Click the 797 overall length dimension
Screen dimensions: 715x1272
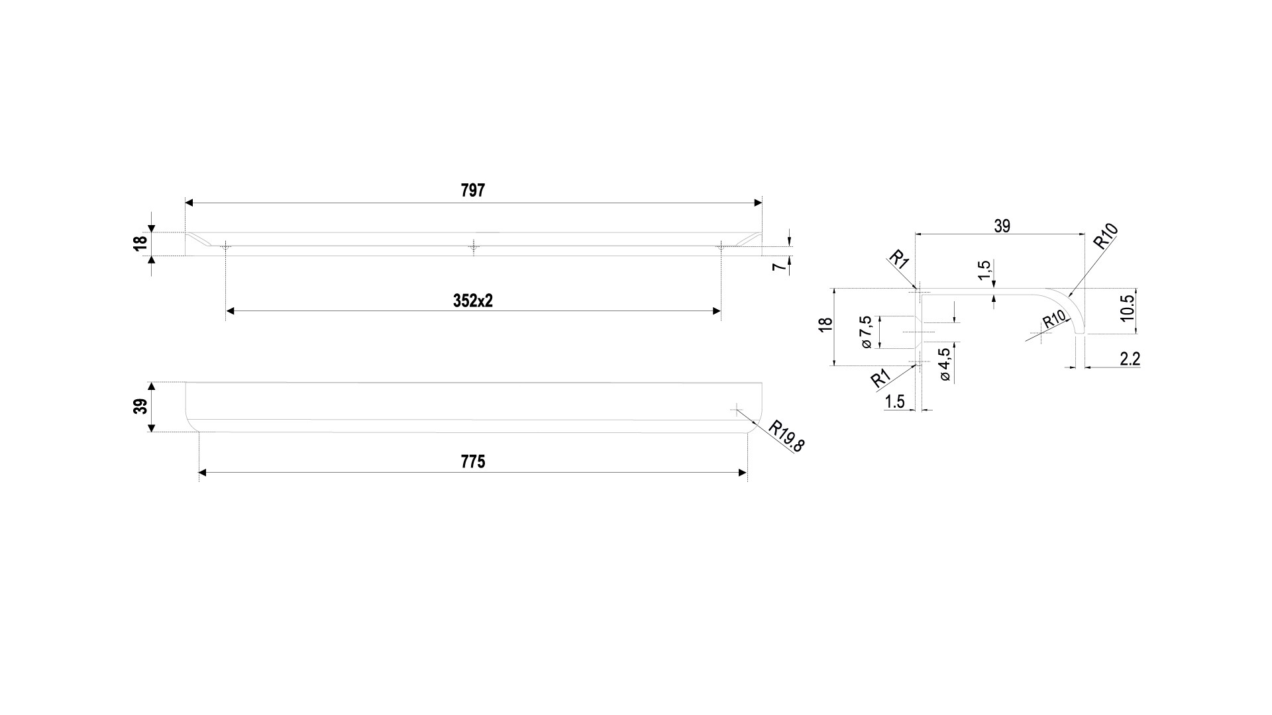(472, 191)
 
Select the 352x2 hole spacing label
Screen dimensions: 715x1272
(472, 301)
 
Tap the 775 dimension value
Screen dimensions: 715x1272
(472, 461)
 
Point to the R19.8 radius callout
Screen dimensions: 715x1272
(786, 436)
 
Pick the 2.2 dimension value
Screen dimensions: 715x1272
(1130, 359)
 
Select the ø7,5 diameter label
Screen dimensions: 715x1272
(865, 332)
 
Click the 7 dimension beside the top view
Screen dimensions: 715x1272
(781, 266)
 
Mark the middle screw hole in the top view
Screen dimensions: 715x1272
(472, 247)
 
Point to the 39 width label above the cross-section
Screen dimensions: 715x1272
(1002, 226)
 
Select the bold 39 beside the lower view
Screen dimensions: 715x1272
(140, 406)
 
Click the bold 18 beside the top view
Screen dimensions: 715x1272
(140, 244)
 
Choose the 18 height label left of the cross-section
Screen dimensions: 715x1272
(825, 326)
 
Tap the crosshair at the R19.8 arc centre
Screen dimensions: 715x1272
(736, 410)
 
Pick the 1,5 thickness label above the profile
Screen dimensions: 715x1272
(984, 269)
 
